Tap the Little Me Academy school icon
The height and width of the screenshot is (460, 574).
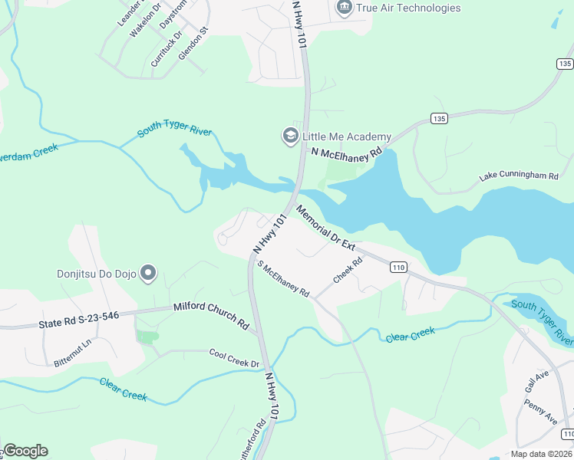[x=291, y=136]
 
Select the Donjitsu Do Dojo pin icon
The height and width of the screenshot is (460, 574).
[x=149, y=273]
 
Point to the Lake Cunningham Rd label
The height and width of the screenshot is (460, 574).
[x=519, y=176]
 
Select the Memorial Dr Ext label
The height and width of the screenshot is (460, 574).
[x=326, y=228]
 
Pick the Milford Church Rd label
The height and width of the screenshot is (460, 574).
[x=211, y=314]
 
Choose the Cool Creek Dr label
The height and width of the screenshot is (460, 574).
[x=235, y=357]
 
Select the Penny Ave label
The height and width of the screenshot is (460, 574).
[x=545, y=407]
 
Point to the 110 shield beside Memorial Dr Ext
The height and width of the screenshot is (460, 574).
[x=397, y=267]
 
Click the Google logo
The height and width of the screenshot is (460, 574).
[x=25, y=451]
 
